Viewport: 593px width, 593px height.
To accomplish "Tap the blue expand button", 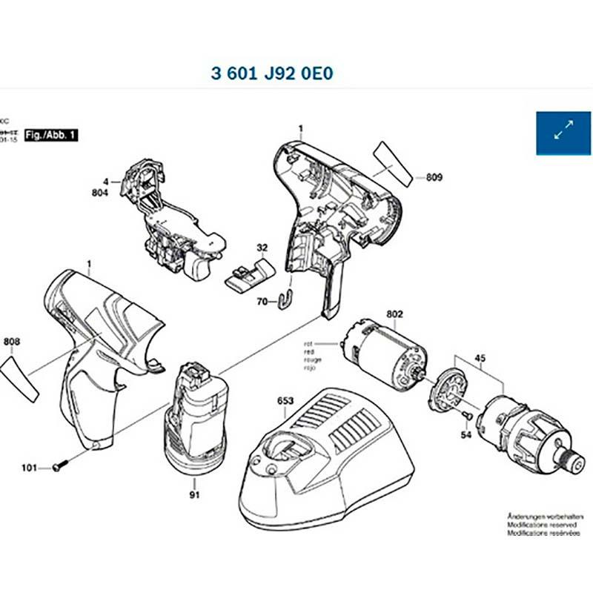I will pyautogui.click(x=563, y=133).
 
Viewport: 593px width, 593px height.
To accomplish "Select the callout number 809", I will pyautogui.click(x=434, y=177).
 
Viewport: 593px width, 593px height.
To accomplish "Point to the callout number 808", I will pyautogui.click(x=12, y=342).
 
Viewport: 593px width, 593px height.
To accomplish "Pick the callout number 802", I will pyautogui.click(x=394, y=314).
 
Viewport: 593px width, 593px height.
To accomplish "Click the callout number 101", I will pyautogui.click(x=29, y=468).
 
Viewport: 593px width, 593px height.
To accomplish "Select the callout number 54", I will pyautogui.click(x=466, y=436).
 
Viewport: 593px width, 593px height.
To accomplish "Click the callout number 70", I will pyautogui.click(x=262, y=302).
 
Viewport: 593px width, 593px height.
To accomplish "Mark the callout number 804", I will pyautogui.click(x=101, y=193).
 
